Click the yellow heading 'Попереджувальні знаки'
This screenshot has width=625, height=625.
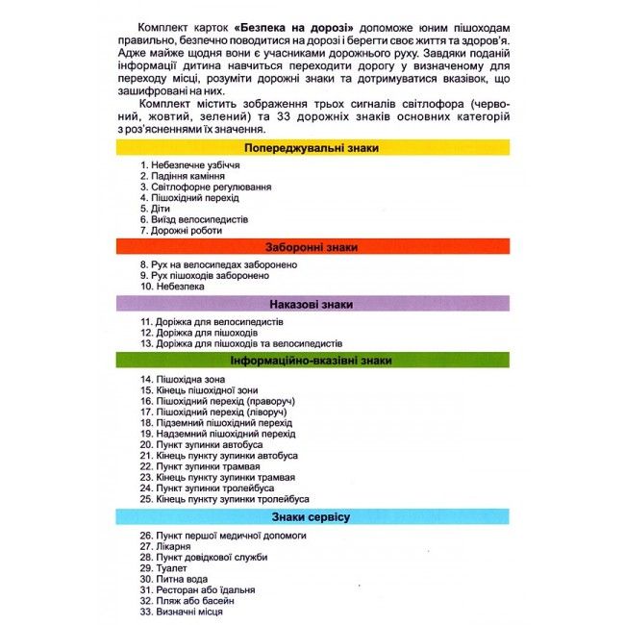312,149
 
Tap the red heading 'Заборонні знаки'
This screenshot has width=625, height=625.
312,247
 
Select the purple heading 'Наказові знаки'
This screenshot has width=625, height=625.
312,304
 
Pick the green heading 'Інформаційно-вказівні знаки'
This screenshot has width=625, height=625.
312,361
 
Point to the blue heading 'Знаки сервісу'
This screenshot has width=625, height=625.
312,517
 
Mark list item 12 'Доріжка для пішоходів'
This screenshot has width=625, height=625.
196,333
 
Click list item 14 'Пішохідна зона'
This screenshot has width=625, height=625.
179,379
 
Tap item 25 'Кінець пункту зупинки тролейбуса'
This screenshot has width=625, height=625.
224,500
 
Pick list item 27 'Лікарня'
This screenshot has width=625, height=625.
165,546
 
